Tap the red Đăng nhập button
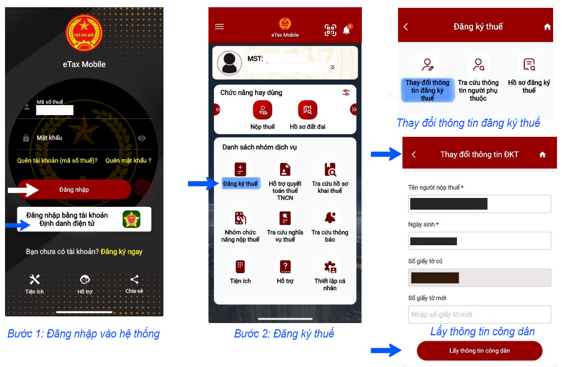[74, 189]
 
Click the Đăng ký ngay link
[122, 251]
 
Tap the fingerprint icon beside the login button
[142, 188]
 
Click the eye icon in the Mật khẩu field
[142, 138]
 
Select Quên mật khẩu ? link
[128, 161]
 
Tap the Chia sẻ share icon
[135, 280]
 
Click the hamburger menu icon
[220, 27]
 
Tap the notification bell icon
[346, 29]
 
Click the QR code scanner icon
[330, 30]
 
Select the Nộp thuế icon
[263, 110]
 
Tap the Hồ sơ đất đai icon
[307, 110]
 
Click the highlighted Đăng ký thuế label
[241, 184]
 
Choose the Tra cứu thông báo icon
[330, 217]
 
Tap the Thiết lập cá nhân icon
[330, 267]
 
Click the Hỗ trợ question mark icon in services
[285, 266]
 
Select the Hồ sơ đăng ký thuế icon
[529, 65]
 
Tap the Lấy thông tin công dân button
[480, 350]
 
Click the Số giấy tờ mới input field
[480, 314]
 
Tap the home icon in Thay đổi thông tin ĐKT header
[543, 155]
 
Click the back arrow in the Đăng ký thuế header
[406, 27]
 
